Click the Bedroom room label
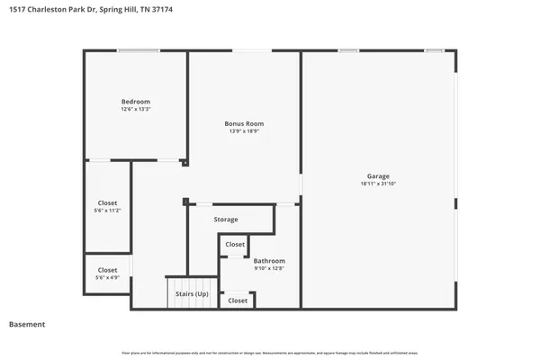135,102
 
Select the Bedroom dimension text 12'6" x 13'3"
135,110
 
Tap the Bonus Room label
244,123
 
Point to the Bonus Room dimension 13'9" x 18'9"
244,131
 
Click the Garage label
378,175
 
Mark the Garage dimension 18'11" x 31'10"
378,184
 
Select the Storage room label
226,220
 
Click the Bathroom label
269,260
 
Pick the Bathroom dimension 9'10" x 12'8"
269,268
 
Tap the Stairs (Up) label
192,293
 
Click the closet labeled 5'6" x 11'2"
106,206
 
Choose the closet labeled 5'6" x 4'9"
107,274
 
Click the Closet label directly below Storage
235,245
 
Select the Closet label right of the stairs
238,301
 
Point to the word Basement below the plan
27,324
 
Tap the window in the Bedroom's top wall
139,50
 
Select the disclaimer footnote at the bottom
270,352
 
